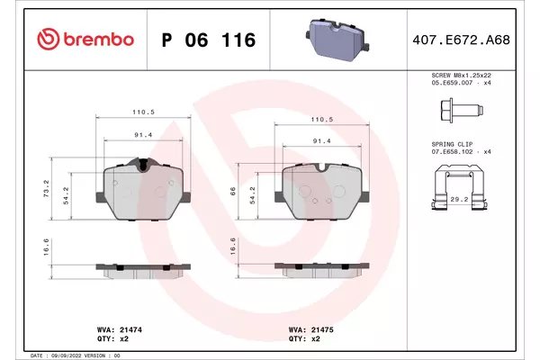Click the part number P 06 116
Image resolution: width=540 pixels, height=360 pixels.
[209, 40]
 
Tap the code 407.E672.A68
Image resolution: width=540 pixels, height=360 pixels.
[461, 40]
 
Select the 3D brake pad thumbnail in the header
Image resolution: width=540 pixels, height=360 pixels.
[337, 40]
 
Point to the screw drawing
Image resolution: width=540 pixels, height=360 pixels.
[462, 110]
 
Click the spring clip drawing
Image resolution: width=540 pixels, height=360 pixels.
[459, 187]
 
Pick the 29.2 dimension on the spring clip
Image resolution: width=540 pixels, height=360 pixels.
[459, 200]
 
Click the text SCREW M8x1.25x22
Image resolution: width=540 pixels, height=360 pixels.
[461, 75]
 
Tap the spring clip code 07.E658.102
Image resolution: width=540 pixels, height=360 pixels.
[452, 152]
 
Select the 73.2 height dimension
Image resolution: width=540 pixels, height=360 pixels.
[47, 188]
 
